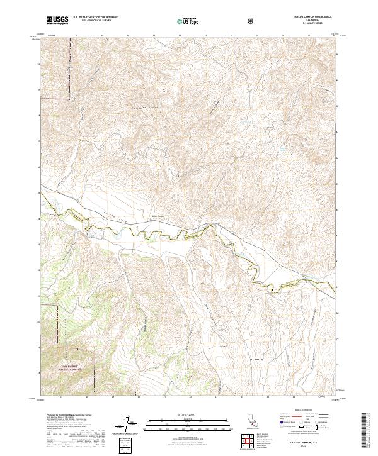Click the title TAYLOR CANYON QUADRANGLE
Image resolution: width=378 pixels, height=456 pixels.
(x=313, y=17)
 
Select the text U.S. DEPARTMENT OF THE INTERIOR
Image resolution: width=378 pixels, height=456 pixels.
(x=95, y=18)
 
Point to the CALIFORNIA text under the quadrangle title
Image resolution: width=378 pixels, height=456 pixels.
(x=313, y=21)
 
